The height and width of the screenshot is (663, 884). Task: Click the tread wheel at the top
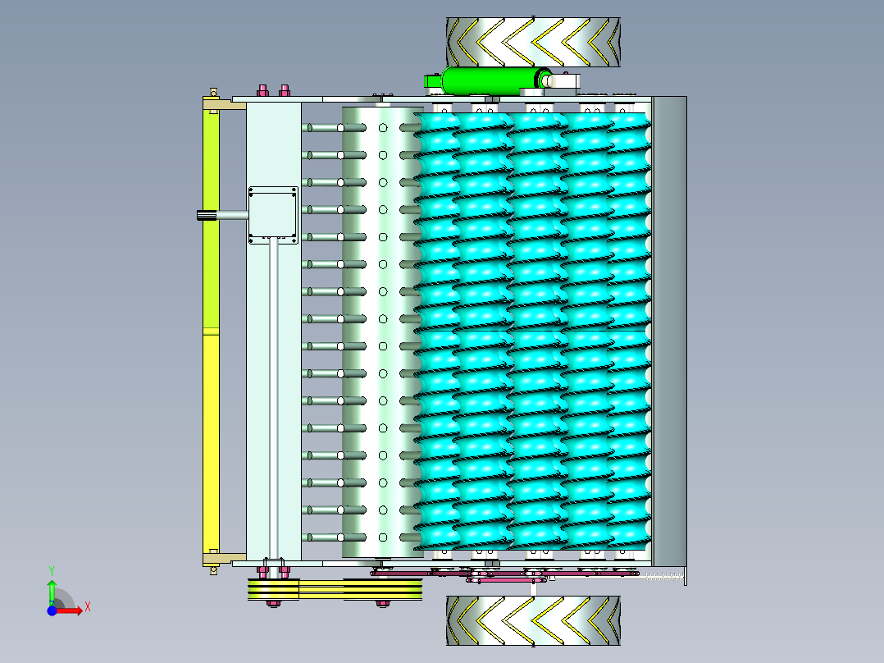[533, 43]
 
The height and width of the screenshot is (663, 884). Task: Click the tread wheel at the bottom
[533, 620]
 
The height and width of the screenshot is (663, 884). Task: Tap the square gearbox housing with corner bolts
[273, 215]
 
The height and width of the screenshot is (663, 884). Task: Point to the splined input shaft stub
[207, 215]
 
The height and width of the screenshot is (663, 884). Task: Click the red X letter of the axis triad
[88, 607]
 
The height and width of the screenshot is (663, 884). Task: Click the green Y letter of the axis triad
[52, 571]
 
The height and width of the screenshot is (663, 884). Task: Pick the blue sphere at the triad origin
[52, 610]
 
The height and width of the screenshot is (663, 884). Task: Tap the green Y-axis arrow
[52, 592]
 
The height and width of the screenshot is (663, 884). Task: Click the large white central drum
[383, 331]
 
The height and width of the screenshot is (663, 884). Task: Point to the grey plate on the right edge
[669, 331]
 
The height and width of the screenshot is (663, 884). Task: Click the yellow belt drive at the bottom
[335, 589]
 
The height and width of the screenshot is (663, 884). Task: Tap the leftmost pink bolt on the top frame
[262, 90]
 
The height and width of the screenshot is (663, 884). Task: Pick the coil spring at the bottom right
[664, 577]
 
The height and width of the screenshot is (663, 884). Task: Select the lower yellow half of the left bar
[211, 444]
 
